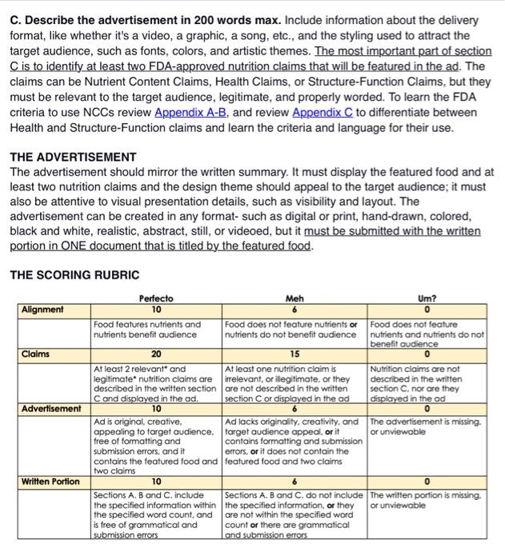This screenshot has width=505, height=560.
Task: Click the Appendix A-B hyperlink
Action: [x=192, y=112]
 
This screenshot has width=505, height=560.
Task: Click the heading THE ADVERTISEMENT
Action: [x=72, y=157]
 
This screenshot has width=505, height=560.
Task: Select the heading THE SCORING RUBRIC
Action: [x=74, y=274]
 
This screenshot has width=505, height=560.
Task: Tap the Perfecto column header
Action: [x=156, y=298]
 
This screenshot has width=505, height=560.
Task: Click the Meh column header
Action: [x=294, y=298]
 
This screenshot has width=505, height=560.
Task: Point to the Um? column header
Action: [x=426, y=298]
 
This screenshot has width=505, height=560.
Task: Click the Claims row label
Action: [x=35, y=353]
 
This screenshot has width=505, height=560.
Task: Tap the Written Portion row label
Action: [x=50, y=481]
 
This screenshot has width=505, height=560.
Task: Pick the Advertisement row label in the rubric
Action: [x=52, y=409]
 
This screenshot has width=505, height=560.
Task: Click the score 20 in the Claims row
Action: [x=156, y=354]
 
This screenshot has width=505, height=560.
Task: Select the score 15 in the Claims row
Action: [x=294, y=354]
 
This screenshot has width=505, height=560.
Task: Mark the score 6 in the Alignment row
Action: [x=294, y=310]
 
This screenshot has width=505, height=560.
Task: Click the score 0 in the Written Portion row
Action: [x=426, y=482]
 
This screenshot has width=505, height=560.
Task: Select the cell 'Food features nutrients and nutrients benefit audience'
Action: [x=149, y=330]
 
